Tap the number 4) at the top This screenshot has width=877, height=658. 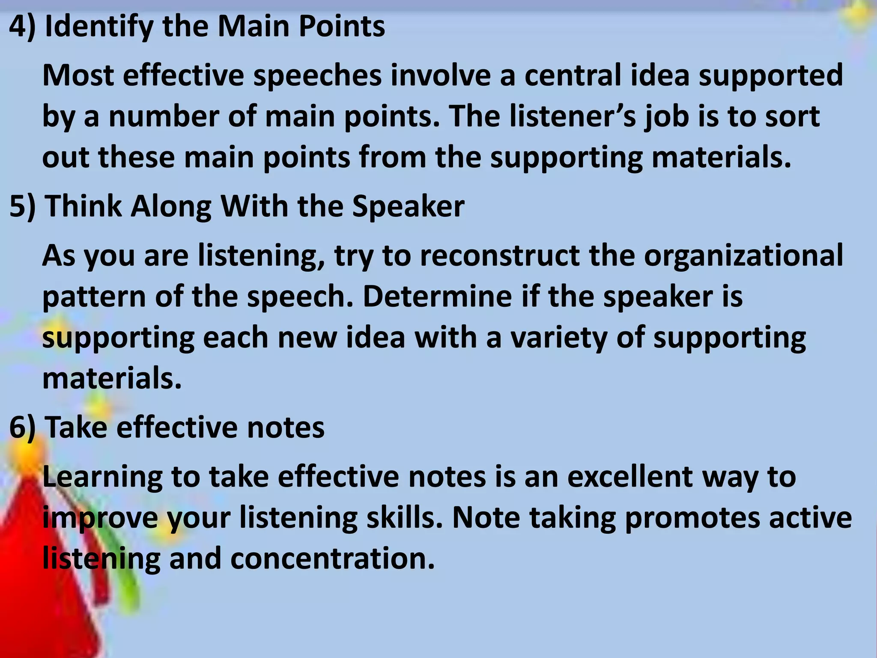pyautogui.click(x=22, y=27)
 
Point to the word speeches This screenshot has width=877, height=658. pyautogui.click(x=317, y=75)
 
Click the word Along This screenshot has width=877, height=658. pyautogui.click(x=171, y=206)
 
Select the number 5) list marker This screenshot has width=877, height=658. pyautogui.click(x=22, y=206)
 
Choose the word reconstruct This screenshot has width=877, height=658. pyautogui.click(x=499, y=256)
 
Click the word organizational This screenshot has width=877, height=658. pyautogui.click(x=743, y=256)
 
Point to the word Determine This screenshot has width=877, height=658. pyautogui.click(x=437, y=296)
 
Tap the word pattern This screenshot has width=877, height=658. pyautogui.click(x=94, y=296)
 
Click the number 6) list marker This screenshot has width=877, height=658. pyautogui.click(x=22, y=428)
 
